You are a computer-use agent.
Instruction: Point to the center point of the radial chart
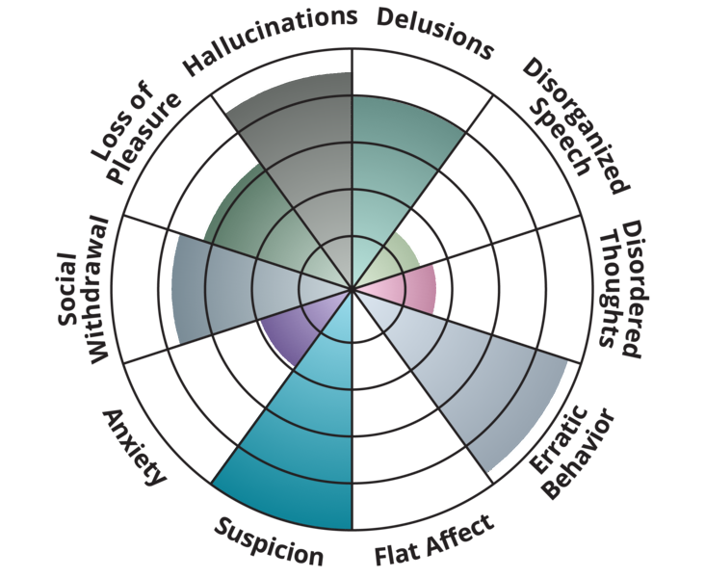[352, 288]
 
